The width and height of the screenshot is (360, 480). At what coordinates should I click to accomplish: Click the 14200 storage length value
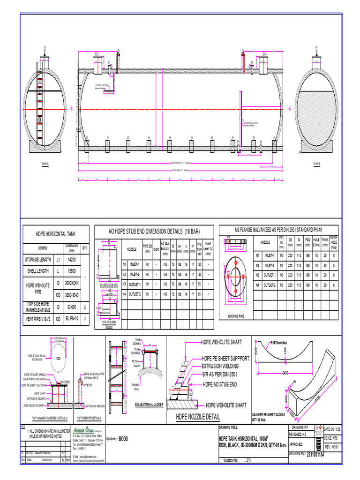point(71,259)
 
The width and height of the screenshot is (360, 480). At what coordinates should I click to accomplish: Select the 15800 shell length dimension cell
point(71,271)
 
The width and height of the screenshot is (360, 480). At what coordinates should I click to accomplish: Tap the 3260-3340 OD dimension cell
point(71,295)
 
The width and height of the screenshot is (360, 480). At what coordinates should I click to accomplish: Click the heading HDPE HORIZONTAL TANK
point(56,233)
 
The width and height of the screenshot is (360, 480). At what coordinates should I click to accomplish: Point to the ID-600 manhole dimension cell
point(71,307)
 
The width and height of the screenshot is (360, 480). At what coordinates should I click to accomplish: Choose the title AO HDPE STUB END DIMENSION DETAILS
point(153,232)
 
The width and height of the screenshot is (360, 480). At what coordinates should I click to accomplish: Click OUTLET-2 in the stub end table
point(135,294)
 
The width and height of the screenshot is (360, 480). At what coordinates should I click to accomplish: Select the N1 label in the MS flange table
point(257,255)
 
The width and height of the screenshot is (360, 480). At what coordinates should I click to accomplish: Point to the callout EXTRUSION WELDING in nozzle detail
point(220,366)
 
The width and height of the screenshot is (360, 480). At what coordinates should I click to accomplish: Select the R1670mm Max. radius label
point(282,342)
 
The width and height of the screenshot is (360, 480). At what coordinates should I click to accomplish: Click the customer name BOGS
point(123,439)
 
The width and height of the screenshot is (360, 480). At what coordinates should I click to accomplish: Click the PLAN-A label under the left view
point(45,163)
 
